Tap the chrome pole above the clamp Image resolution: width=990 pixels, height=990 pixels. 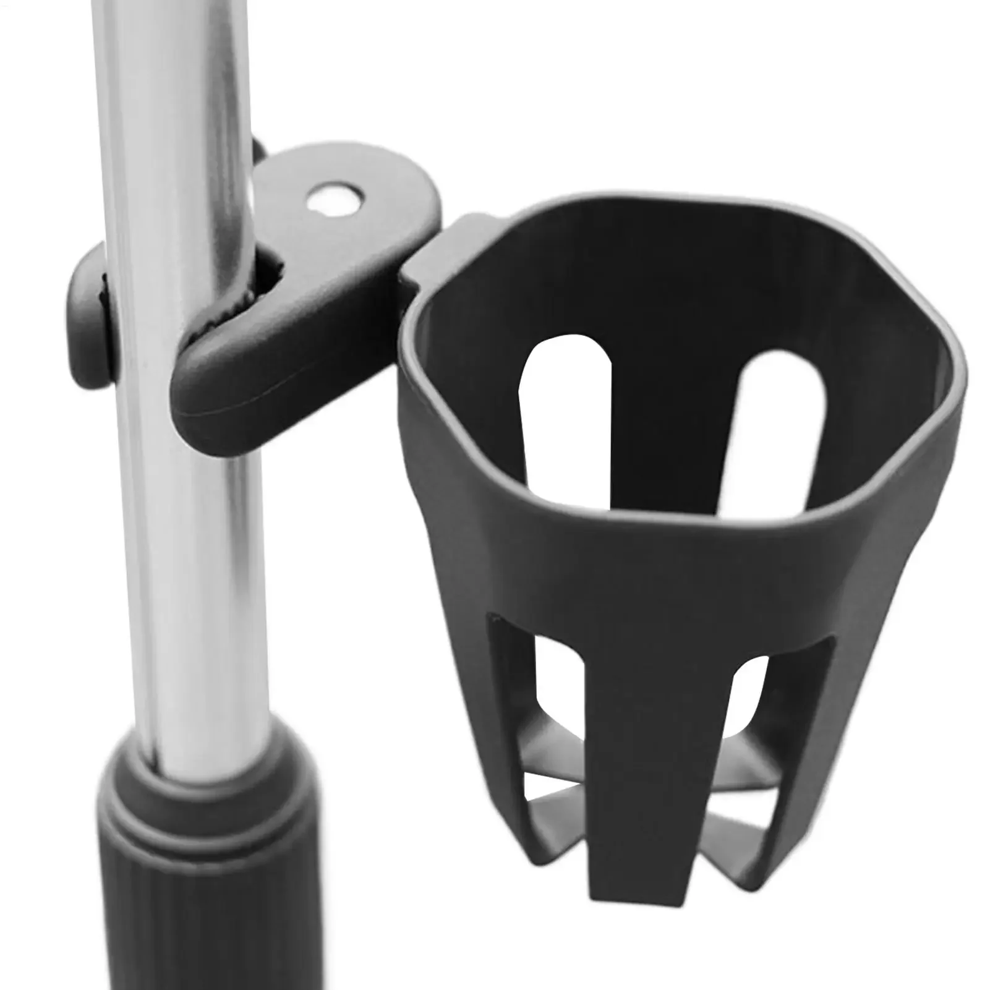pyautogui.click(x=173, y=93)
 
